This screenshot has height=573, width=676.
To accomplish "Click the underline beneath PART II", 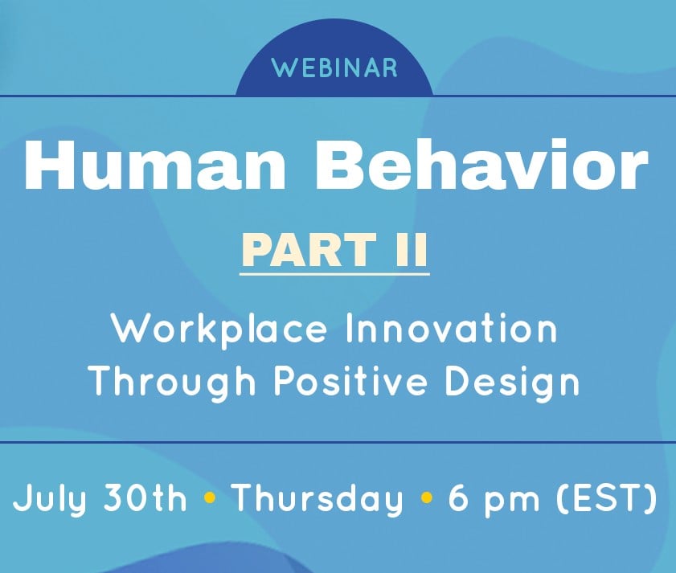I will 334,275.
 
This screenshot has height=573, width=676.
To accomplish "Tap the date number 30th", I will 145,499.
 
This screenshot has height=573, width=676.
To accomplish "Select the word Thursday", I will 317,501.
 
